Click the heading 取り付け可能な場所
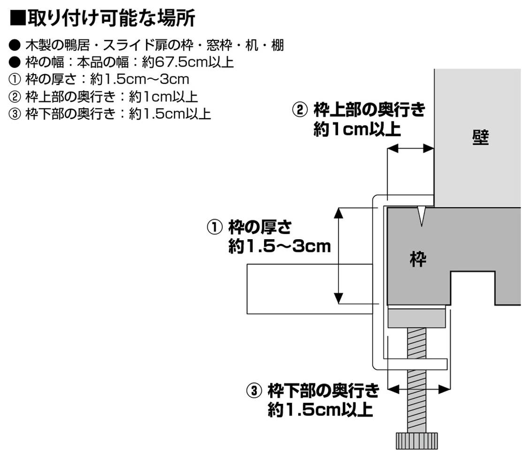tap(111, 19)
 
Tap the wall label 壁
tap(480, 138)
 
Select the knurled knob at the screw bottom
tap(416, 440)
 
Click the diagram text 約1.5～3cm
tap(280, 246)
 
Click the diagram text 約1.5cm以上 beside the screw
tap(320, 410)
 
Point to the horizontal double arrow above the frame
tap(409, 148)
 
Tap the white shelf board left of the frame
tap(310, 289)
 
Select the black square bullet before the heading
tap(17, 19)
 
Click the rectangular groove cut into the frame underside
tap(472, 288)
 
